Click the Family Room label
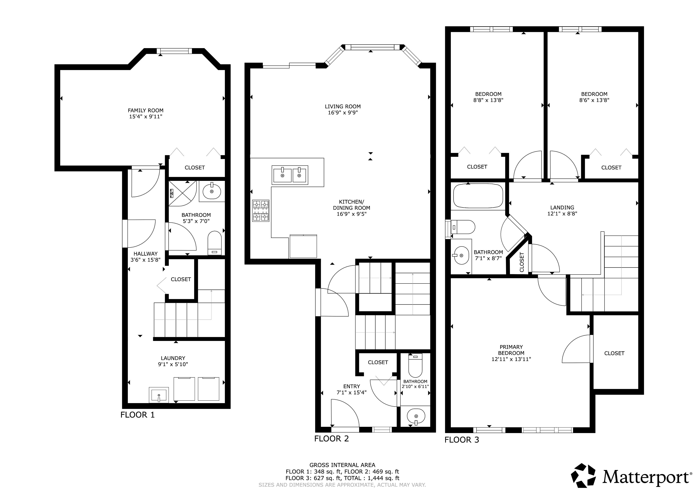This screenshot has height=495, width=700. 145,110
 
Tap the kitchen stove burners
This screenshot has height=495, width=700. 261,210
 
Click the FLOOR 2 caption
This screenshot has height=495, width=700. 331,439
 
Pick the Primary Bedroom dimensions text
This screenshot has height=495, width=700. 511,359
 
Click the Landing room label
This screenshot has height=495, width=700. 562,208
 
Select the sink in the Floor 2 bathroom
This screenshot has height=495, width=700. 416,416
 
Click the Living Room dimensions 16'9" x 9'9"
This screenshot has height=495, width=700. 343,112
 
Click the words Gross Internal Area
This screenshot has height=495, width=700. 342,465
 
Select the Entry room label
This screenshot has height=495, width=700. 351,386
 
